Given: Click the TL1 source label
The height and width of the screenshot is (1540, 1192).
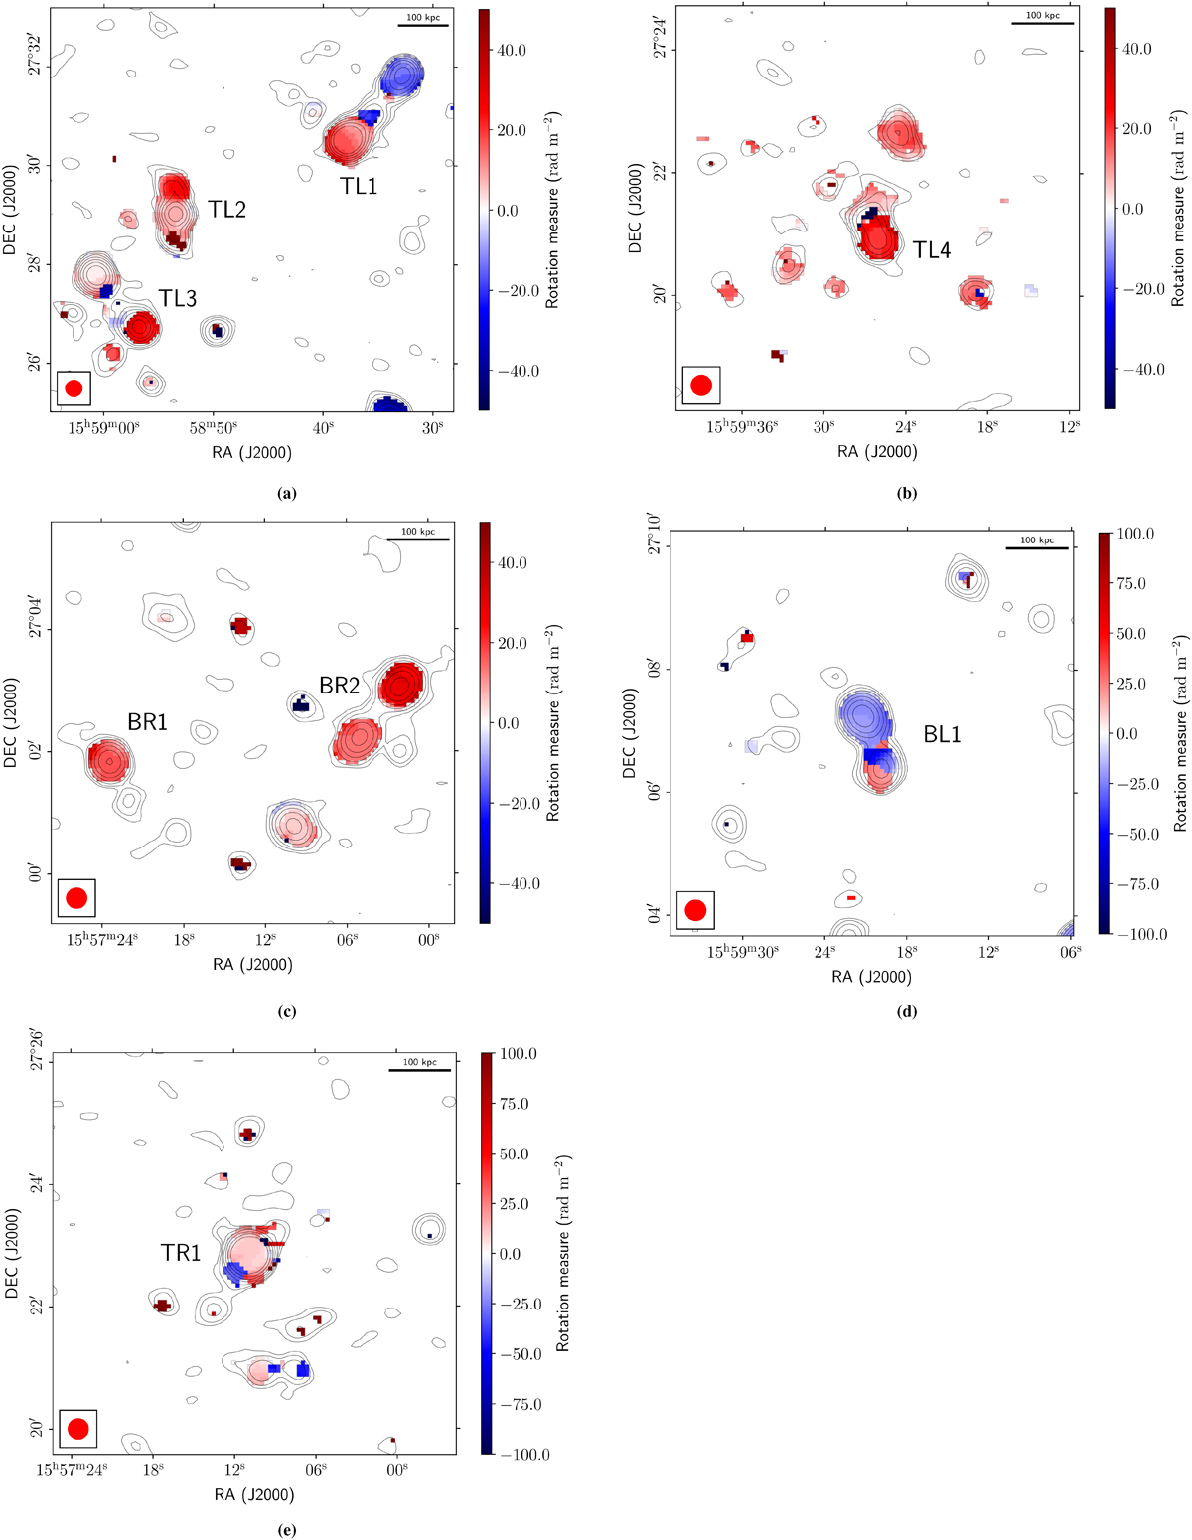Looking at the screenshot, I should [x=359, y=186].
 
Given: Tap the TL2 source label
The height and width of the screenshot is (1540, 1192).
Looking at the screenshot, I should [x=227, y=209].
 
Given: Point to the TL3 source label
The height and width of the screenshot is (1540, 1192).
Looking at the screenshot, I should [x=177, y=298].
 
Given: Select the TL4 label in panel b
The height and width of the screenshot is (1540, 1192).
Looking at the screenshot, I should [x=932, y=250].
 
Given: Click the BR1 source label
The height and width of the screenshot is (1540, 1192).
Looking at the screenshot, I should [x=147, y=722].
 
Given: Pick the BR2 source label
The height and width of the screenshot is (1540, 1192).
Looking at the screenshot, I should [x=339, y=684].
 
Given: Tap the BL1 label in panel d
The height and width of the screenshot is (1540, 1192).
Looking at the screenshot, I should [x=942, y=735].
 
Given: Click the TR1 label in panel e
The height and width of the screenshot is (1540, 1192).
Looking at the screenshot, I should [x=181, y=1254].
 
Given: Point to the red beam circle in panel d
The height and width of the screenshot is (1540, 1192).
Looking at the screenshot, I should [x=695, y=910].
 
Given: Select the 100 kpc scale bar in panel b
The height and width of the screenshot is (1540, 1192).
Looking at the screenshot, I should [x=1042, y=22].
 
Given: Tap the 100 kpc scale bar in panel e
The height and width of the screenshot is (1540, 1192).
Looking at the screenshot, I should [x=419, y=1069].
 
